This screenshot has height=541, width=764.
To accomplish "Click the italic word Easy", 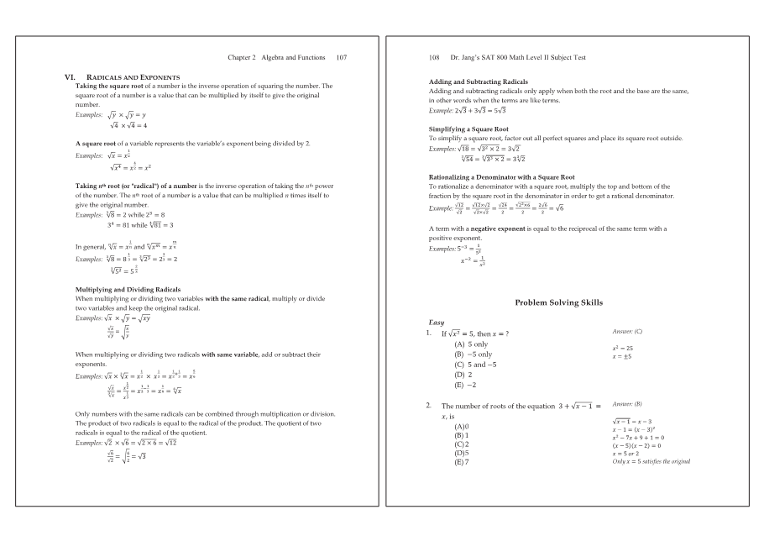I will [437, 323].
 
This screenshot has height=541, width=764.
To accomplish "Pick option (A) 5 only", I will [471, 344].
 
